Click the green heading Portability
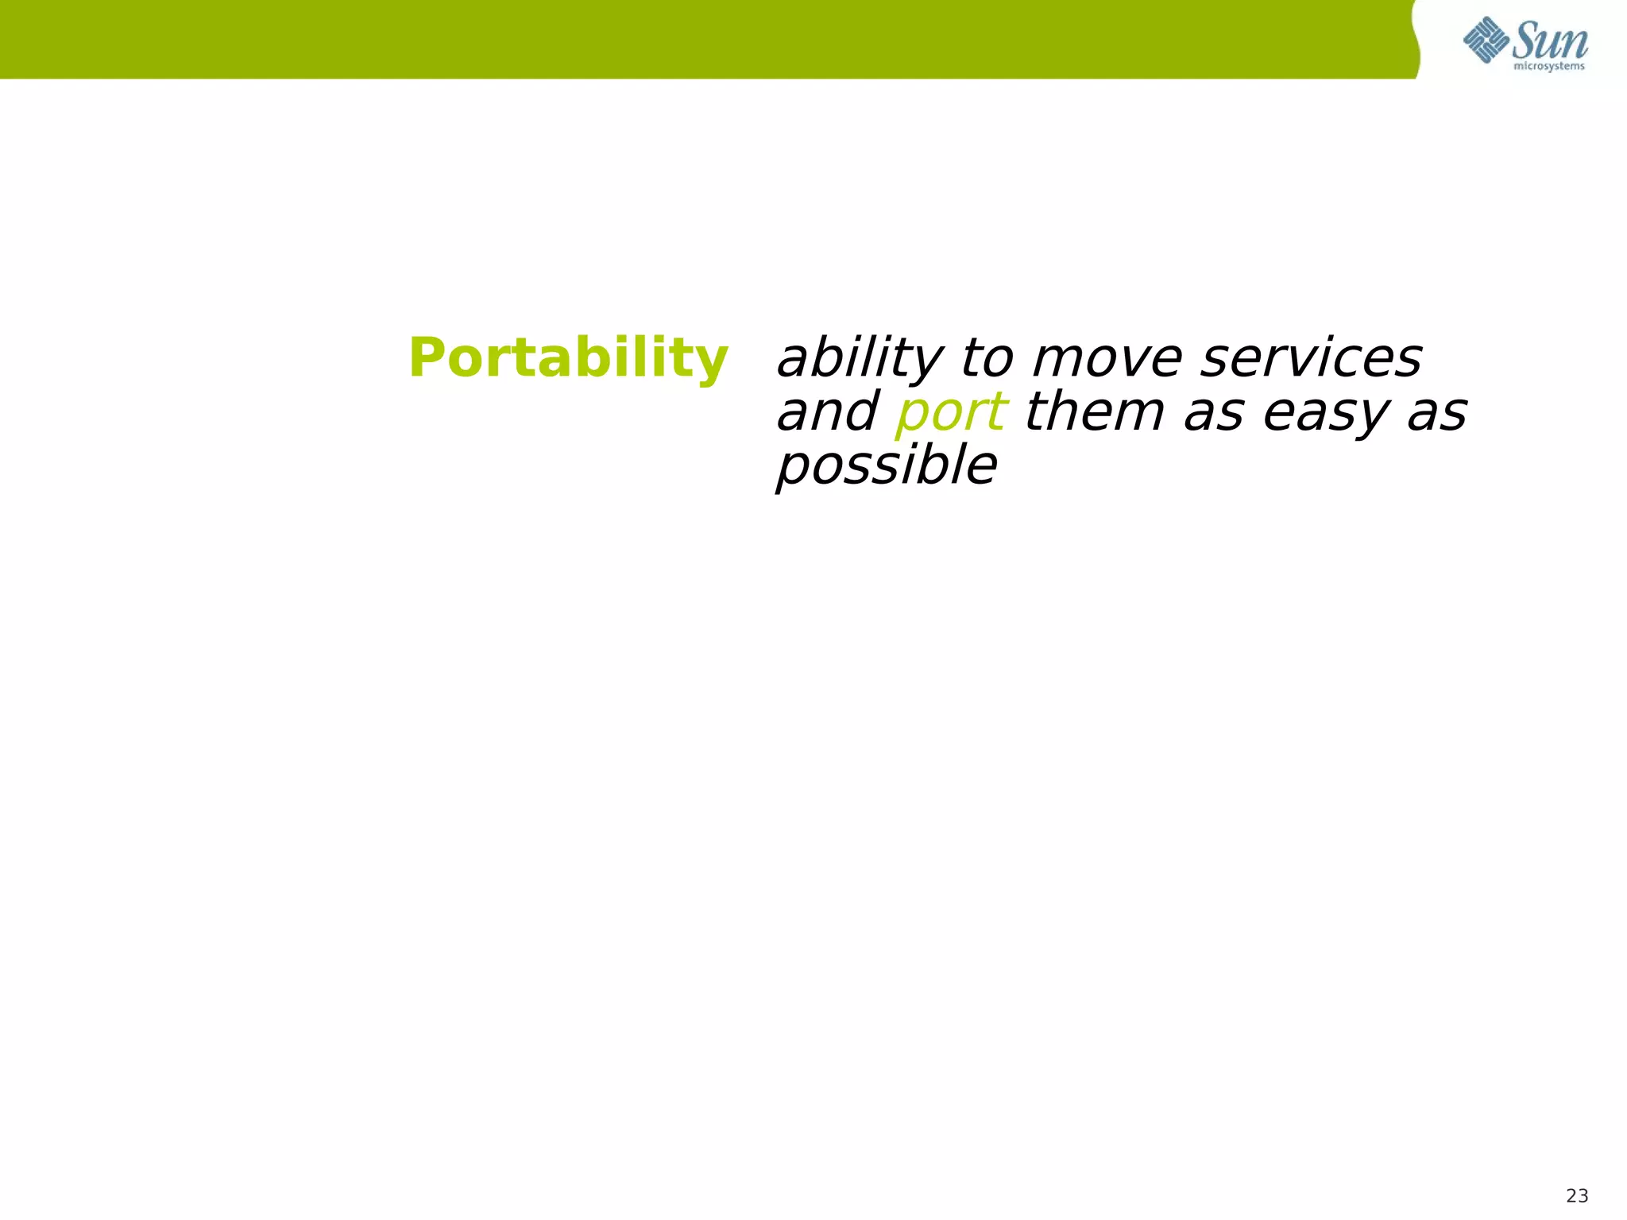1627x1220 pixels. click(x=567, y=359)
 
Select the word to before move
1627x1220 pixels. click(x=987, y=359)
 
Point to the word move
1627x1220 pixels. click(x=1107, y=359)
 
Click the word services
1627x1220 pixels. click(x=1311, y=359)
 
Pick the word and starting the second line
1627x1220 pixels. click(x=827, y=412)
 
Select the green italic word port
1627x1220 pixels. click(x=951, y=414)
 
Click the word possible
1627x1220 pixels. click(x=886, y=466)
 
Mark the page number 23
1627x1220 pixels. click(x=1577, y=1195)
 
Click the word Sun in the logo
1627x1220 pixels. click(x=1550, y=41)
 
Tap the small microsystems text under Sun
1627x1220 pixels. click(x=1549, y=67)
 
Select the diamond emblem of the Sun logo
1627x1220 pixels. click(x=1486, y=40)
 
